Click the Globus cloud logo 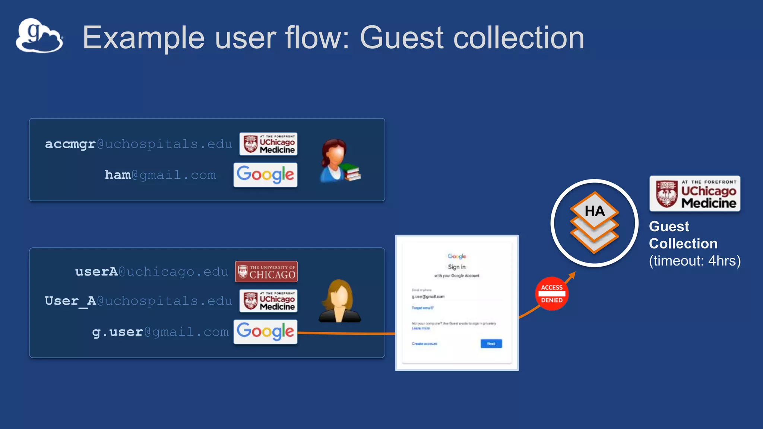(39, 36)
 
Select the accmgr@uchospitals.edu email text (138, 144)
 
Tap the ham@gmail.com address (160, 175)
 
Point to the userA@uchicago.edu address (151, 271)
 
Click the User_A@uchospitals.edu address (138, 301)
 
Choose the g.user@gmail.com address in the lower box (160, 331)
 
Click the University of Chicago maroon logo (266, 271)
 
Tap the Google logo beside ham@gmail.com (265, 175)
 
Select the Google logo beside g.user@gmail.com (265, 331)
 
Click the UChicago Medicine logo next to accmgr (268, 144)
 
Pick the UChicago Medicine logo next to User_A (268, 301)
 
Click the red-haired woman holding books (338, 161)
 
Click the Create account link (424, 344)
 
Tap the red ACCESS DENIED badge (552, 294)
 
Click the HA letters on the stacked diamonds (595, 211)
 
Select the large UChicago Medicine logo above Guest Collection (695, 194)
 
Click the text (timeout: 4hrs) (695, 261)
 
